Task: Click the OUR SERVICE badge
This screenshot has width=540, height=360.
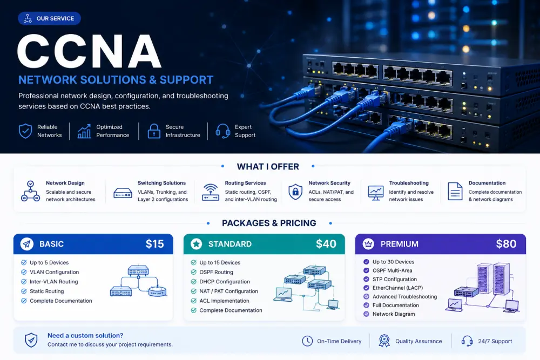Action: click(49, 18)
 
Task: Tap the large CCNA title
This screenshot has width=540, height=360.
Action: click(89, 51)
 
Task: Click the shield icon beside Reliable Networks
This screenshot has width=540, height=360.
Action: click(25, 131)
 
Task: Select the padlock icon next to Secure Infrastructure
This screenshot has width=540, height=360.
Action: click(154, 131)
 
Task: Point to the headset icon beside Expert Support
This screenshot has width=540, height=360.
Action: click(223, 131)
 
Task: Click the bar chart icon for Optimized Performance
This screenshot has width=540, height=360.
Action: click(84, 131)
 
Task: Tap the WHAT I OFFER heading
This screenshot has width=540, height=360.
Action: click(268, 167)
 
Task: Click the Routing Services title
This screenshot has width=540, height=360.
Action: click(245, 183)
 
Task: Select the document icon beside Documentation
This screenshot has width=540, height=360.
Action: click(455, 192)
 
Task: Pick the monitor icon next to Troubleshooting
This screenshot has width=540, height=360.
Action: click(376, 193)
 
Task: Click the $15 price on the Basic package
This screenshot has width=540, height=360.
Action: click(154, 244)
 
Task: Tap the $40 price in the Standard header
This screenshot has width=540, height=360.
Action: click(326, 244)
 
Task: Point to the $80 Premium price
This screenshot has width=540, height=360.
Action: click(506, 244)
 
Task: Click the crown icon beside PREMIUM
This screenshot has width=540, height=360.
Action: click(368, 244)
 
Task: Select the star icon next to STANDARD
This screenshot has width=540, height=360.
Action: click(197, 244)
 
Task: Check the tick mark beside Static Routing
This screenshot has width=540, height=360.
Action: click(24, 291)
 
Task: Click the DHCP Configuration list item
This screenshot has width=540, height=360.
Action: click(225, 282)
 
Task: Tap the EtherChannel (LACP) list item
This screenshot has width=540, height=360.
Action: click(397, 288)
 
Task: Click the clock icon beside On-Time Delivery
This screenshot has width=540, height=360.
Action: click(307, 341)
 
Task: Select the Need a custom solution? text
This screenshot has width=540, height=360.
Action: click(85, 336)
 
